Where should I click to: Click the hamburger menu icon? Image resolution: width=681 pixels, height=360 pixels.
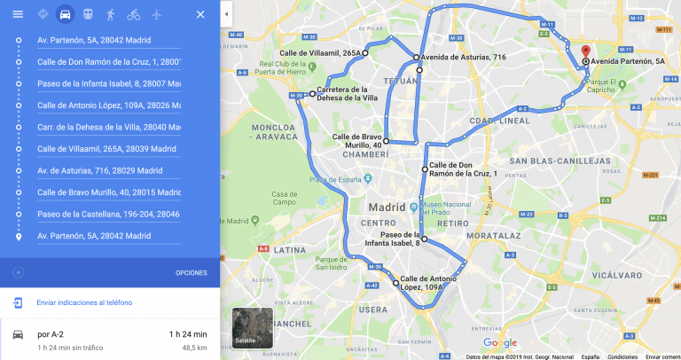point(18,14)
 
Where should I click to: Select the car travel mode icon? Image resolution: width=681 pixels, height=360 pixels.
point(64,14)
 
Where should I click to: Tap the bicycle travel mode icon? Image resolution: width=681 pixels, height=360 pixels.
point(133,14)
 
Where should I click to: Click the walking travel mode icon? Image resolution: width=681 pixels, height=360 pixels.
point(110,14)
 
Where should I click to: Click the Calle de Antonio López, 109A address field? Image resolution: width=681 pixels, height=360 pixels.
point(108,106)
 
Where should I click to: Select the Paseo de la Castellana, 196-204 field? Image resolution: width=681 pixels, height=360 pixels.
point(108,215)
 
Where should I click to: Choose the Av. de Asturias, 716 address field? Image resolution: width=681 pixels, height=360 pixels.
point(108,170)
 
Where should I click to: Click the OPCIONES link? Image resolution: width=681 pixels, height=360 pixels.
point(191,272)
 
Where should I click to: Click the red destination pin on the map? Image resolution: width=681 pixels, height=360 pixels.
point(585,51)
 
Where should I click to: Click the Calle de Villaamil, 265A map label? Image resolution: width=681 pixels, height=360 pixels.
point(320,54)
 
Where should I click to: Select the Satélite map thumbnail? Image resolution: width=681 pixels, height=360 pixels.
point(252,327)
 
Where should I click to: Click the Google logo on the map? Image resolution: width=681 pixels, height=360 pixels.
point(500,343)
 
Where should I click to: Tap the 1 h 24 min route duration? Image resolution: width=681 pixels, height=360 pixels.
point(188,334)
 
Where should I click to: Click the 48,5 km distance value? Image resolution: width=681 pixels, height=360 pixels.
point(194,348)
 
